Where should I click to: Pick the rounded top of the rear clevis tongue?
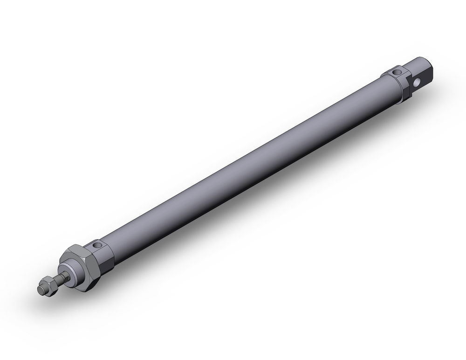[x=422, y=62]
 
